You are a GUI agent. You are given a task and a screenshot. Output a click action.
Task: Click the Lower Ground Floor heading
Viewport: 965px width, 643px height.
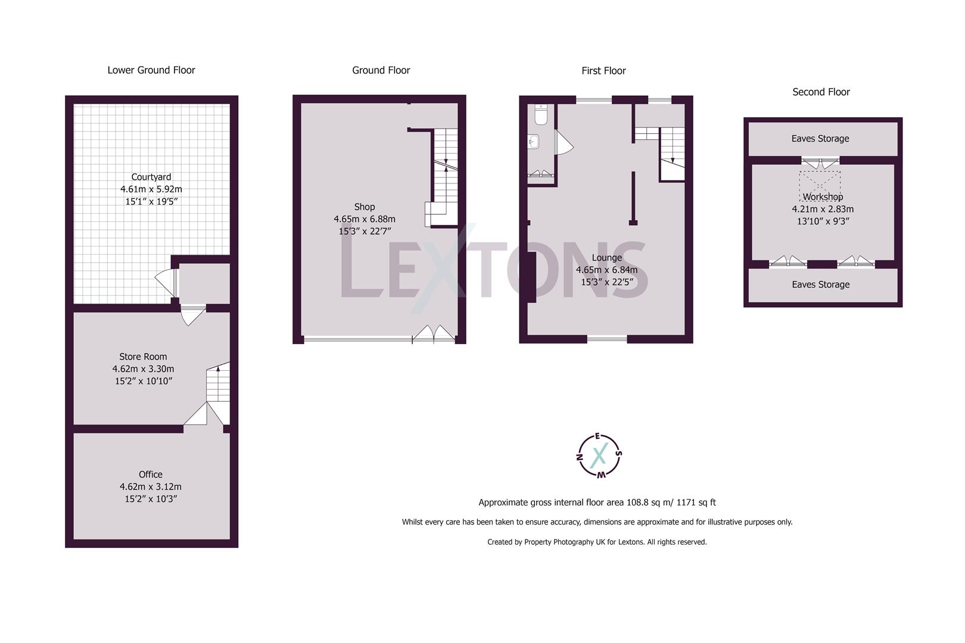(x=151, y=70)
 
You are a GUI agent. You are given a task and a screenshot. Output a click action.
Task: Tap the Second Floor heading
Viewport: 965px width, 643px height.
(x=821, y=92)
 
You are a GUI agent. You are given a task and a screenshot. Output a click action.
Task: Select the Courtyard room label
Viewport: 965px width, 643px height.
(x=151, y=177)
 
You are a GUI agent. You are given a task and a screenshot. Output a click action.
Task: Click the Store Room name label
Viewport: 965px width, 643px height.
(x=143, y=357)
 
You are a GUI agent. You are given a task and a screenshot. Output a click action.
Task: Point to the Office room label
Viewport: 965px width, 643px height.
(x=150, y=475)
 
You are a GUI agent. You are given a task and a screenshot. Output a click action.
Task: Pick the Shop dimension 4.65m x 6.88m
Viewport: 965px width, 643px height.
(x=365, y=219)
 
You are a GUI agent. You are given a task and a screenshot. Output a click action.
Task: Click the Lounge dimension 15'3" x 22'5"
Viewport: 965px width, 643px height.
(x=607, y=282)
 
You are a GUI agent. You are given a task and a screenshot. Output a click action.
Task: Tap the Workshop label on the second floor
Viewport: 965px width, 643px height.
(x=823, y=197)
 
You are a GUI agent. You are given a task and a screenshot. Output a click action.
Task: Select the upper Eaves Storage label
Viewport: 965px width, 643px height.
(x=820, y=139)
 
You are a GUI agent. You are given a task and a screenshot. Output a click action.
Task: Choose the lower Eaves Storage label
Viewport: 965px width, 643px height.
(x=821, y=285)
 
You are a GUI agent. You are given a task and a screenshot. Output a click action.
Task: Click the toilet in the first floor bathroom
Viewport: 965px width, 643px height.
(x=541, y=114)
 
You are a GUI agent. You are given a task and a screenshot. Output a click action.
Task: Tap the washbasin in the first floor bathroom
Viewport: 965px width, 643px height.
(x=533, y=141)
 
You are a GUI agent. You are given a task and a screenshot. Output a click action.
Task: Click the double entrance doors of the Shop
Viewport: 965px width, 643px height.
(x=434, y=334)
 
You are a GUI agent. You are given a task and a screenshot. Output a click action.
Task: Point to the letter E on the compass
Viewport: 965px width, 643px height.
(x=597, y=436)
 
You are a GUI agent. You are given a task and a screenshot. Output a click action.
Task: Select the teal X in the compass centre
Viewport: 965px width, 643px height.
(x=599, y=455)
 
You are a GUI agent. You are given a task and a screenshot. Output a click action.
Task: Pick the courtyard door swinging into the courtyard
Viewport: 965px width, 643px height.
(x=166, y=283)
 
